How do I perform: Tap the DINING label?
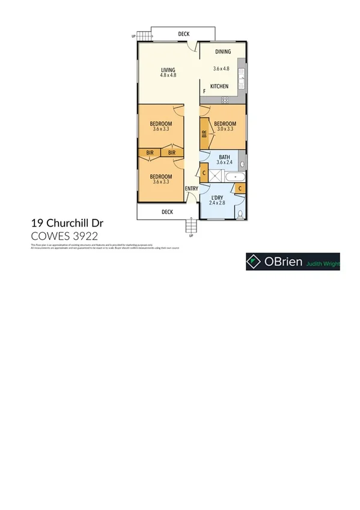pos(223,52)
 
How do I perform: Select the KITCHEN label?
pos(219,87)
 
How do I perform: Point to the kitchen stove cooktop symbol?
pos(225,99)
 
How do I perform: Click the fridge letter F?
pos(204,91)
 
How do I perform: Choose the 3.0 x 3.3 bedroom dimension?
pos(225,129)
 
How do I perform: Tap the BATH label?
pos(224,156)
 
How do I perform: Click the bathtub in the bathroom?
pos(234,176)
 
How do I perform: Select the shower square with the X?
pos(216,176)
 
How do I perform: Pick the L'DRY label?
pos(216,197)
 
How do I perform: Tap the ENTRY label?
pos(192,189)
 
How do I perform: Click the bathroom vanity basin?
pos(242,163)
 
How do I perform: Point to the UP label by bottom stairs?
pos(191,236)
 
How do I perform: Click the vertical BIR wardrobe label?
pos(205,134)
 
